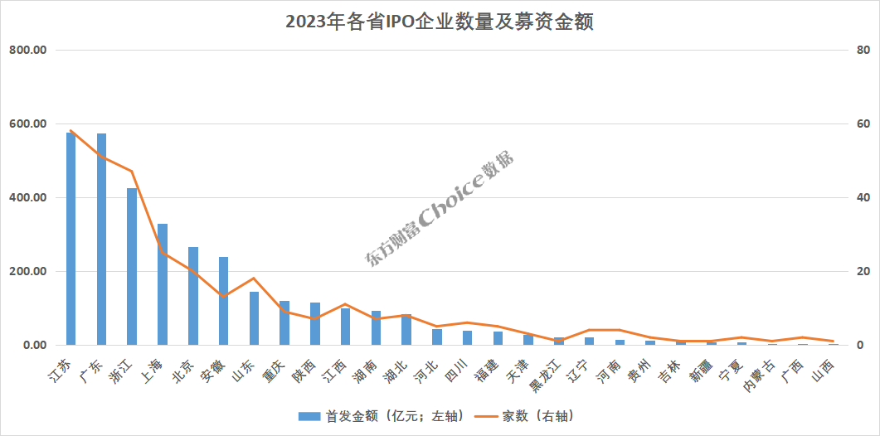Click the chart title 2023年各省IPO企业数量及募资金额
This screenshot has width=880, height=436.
(x=440, y=22)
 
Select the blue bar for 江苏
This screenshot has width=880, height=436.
(x=70, y=239)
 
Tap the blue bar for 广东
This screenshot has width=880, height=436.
(x=101, y=239)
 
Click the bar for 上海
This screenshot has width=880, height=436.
(x=163, y=284)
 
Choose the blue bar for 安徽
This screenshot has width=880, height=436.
(x=223, y=301)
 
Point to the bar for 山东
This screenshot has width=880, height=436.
(x=255, y=318)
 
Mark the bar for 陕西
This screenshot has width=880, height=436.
(x=315, y=324)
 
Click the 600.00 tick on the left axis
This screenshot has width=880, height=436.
(x=27, y=124)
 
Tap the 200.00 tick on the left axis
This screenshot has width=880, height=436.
(x=27, y=272)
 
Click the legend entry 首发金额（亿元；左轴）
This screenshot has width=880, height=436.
(x=382, y=416)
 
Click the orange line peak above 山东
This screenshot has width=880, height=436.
(x=254, y=279)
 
